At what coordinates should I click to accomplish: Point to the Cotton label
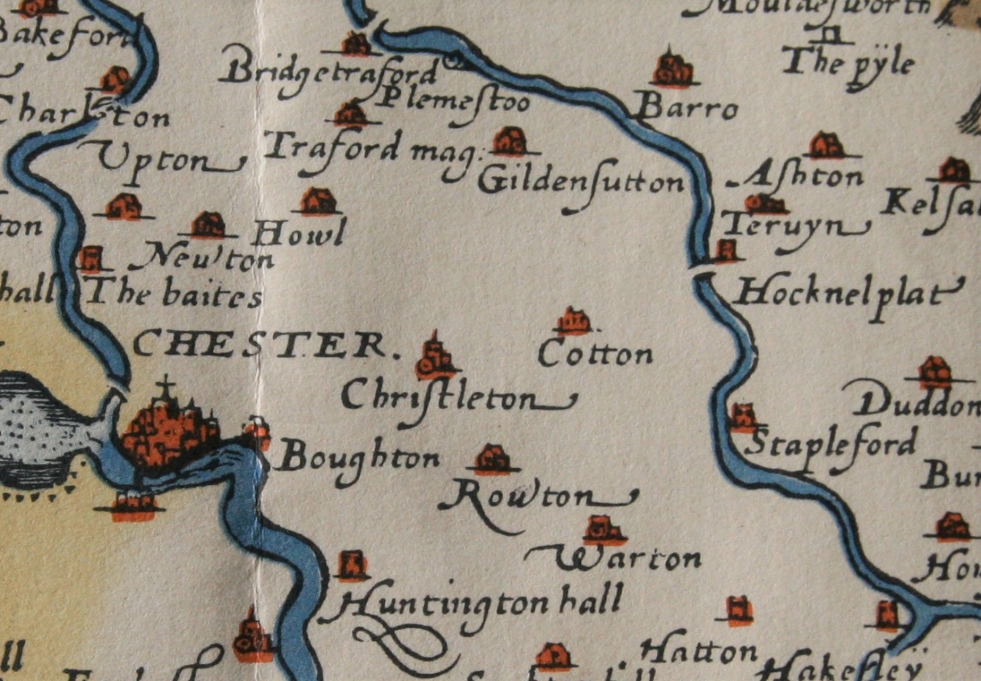(595, 354)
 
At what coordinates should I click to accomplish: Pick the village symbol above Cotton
(573, 321)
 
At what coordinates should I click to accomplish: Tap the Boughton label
(358, 459)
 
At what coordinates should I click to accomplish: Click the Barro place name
(687, 110)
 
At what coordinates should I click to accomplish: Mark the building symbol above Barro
(672, 70)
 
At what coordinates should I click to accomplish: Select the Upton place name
(161, 160)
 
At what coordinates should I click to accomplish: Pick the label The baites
(175, 293)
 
